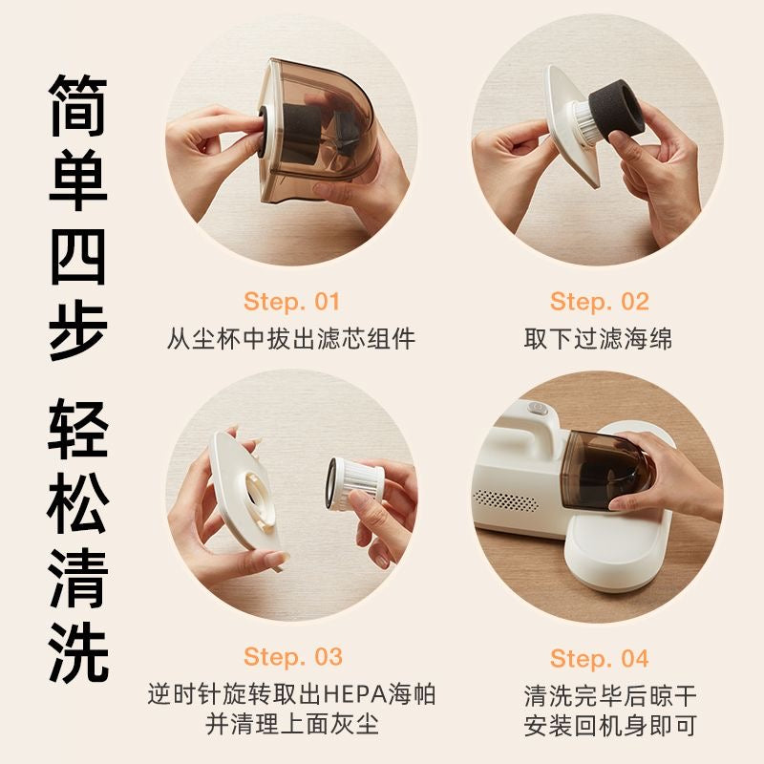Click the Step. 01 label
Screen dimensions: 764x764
(x=291, y=302)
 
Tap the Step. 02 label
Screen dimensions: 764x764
(x=600, y=302)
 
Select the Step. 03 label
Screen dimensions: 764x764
(x=293, y=657)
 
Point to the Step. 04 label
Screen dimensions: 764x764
(x=600, y=658)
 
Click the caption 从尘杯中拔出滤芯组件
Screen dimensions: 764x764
(x=291, y=338)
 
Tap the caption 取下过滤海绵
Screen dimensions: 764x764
(x=599, y=338)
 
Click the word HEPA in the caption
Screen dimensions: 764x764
(x=354, y=694)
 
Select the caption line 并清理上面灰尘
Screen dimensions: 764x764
(x=292, y=724)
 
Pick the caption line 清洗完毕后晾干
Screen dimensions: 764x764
(x=610, y=695)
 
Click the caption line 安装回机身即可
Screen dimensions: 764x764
(x=610, y=726)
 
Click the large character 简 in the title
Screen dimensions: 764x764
(x=78, y=105)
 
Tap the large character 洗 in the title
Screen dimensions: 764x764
(x=78, y=653)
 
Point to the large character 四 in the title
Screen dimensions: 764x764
(x=78, y=256)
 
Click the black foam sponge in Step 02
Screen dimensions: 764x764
(x=616, y=112)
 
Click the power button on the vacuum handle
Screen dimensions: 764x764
(x=537, y=408)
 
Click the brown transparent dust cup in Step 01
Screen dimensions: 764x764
(x=317, y=132)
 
